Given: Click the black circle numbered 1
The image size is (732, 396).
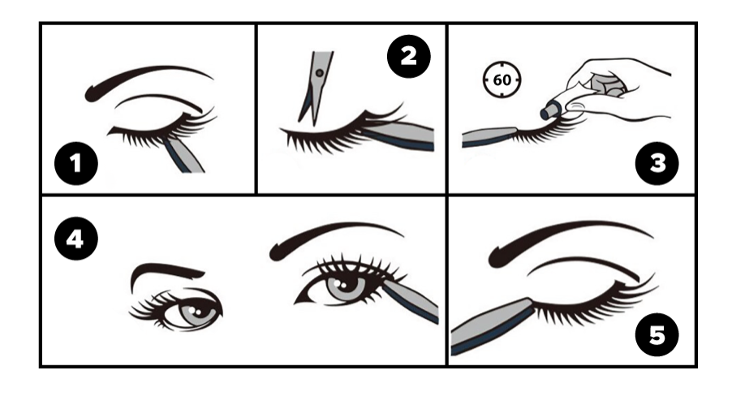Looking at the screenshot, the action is pyautogui.click(x=76, y=163).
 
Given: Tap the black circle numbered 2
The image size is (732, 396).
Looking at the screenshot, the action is pyautogui.click(x=409, y=56).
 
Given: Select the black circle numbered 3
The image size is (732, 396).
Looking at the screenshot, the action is pyautogui.click(x=657, y=163).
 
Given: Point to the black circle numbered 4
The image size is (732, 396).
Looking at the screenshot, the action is pyautogui.click(x=76, y=239).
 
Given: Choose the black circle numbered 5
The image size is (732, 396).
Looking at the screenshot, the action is pyautogui.click(x=657, y=335).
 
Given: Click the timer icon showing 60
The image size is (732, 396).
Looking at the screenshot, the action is pyautogui.click(x=502, y=80).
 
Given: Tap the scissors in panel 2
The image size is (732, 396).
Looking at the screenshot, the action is pyautogui.click(x=316, y=88).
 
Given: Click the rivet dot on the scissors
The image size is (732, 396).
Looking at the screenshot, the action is pyautogui.click(x=320, y=73).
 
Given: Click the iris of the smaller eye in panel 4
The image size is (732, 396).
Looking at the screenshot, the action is pyautogui.click(x=198, y=312).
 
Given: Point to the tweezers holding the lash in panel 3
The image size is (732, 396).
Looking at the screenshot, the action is pyautogui.click(x=488, y=137).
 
